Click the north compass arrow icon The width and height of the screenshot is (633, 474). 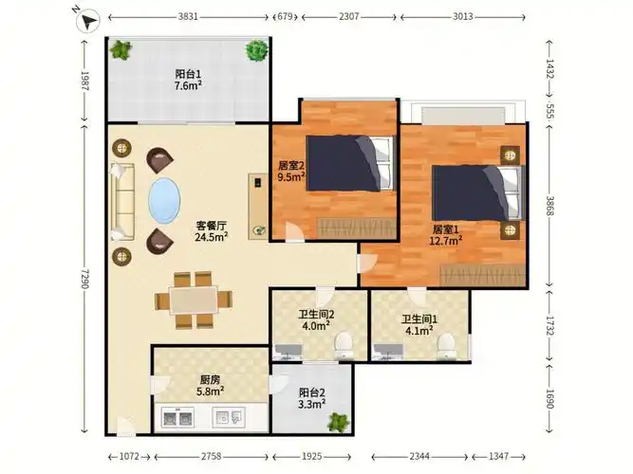point(89,21)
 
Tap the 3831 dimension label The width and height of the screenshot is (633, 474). point(188,17)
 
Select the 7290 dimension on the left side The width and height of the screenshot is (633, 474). point(84,279)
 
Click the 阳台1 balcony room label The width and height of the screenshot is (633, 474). point(188,74)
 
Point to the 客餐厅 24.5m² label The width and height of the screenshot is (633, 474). point(211,231)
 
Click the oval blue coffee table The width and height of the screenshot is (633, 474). point(164,200)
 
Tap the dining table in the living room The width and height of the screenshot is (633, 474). point(194,301)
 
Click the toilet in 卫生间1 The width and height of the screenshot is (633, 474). point(446,345)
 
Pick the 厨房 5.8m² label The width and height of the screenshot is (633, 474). point(211,385)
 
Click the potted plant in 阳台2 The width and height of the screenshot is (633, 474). point(338,422)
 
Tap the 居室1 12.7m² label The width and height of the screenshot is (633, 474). point(446,235)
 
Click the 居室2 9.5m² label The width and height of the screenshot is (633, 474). point(290,171)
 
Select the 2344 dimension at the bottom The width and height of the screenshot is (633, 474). point(419,456)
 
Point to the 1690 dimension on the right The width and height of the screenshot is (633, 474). point(549,398)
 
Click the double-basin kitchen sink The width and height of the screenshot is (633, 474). point(177,417)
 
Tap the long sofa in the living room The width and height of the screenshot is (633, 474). point(121,202)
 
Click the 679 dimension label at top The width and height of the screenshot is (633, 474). point(286,17)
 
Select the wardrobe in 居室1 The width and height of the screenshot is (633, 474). point(483,275)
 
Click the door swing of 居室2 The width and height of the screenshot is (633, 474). point(294,231)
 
